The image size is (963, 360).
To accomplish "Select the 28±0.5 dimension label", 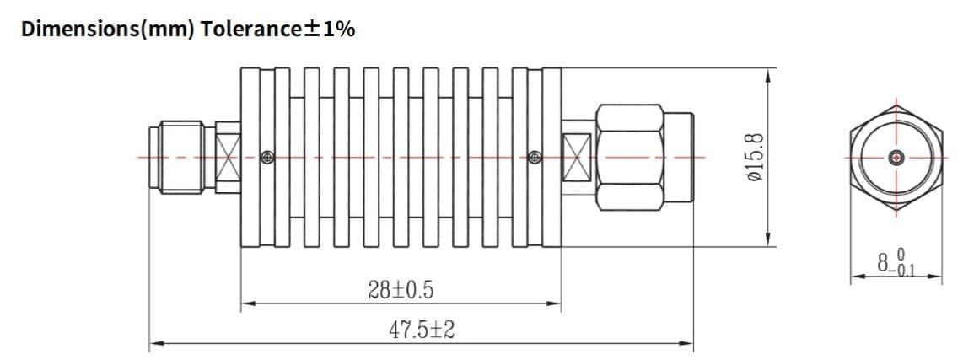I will pos(401,290).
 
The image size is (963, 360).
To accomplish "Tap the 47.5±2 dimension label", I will pos(422,330).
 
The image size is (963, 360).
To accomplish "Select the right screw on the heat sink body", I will pos(533,157).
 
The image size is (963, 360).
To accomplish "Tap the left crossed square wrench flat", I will pos(228,157).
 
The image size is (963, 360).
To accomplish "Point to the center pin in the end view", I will pos(896,157).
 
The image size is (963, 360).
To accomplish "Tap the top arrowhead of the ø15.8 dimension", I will pos(767,75).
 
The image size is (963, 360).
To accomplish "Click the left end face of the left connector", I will pos(150,158).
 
